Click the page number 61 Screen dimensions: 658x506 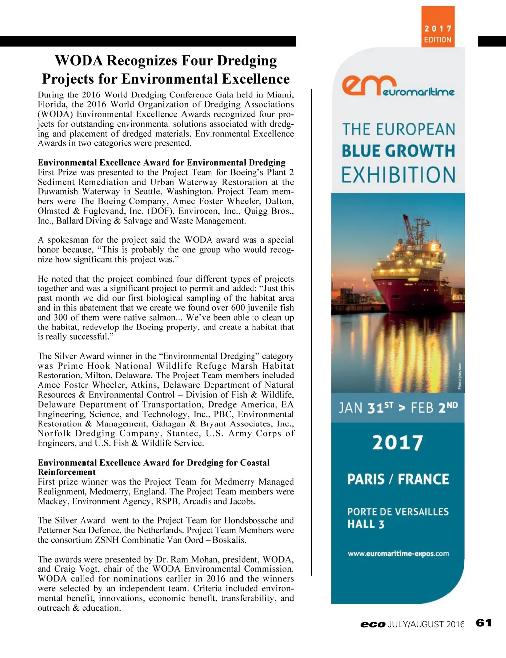(484, 623)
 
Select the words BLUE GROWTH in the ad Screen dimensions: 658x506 (398, 151)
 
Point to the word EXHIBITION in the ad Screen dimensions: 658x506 (398, 175)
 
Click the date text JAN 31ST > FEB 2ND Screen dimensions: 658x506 (398, 408)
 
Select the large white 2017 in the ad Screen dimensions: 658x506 (398, 442)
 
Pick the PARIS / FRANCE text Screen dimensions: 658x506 (398, 479)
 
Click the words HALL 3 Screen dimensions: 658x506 (366, 524)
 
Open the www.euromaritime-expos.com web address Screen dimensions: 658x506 (398, 554)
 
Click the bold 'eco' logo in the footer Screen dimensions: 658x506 (373, 624)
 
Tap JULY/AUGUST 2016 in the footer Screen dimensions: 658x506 (426, 624)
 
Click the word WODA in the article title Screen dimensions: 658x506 (79, 61)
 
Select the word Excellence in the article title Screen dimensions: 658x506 (255, 79)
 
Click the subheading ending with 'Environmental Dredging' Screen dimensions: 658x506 (162, 162)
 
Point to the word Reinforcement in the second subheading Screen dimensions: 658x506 (67, 472)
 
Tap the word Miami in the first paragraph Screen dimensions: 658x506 (281, 94)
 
